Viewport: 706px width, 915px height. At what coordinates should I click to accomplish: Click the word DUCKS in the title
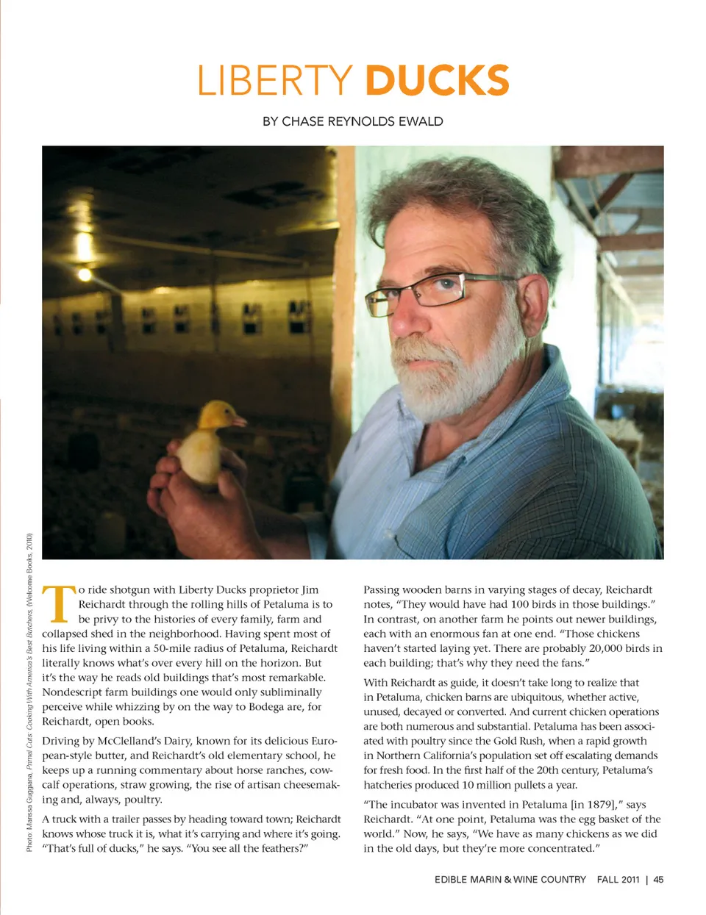pos(437,81)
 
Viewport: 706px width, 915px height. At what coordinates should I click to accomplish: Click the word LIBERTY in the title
pos(275,81)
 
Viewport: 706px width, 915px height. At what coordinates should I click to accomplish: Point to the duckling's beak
pos(238,421)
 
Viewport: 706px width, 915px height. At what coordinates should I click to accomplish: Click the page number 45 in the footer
pos(658,879)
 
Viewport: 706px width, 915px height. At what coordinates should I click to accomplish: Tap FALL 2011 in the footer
pos(618,879)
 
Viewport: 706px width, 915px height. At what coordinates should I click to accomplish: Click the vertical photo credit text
pos(29,691)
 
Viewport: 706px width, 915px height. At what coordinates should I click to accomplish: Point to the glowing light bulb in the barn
pos(85,274)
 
